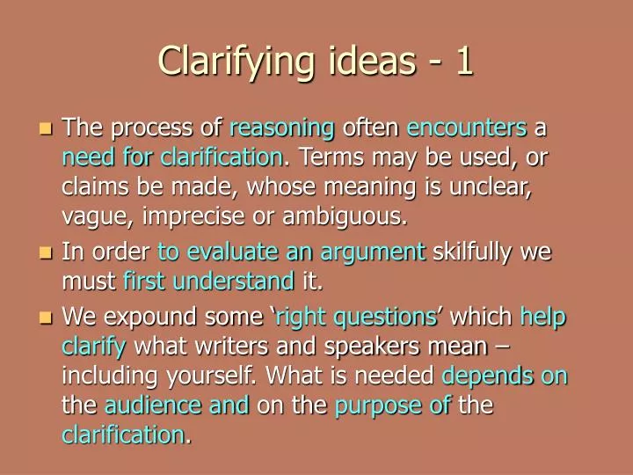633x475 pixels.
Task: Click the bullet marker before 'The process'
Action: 47,128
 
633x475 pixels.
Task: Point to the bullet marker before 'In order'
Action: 47,253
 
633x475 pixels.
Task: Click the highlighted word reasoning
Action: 282,129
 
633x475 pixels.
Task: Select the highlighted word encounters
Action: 467,128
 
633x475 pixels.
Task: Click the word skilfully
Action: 474,252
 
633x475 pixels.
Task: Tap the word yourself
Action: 207,376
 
